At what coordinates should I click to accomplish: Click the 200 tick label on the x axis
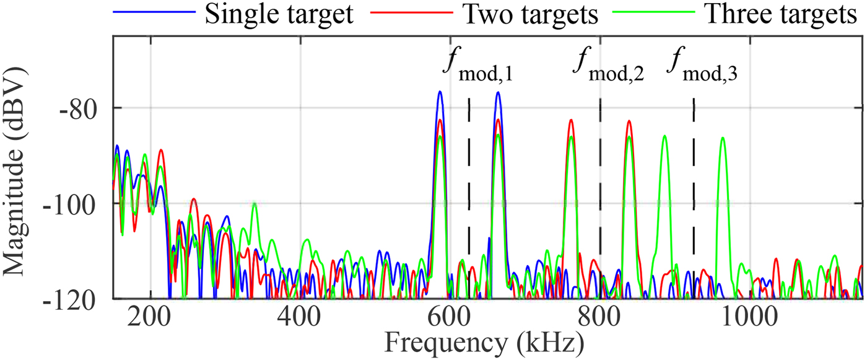[x=150, y=318]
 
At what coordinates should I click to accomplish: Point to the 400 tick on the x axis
[x=300, y=318]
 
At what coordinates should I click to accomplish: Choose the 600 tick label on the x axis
[x=450, y=318]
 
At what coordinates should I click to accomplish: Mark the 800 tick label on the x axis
[x=599, y=318]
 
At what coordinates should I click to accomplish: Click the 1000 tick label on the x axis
[x=749, y=318]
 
